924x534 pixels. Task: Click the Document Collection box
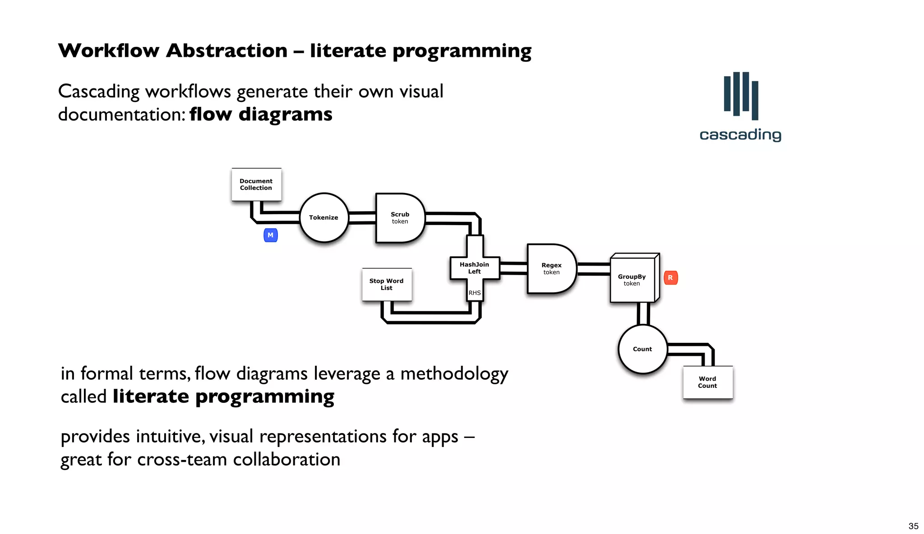pyautogui.click(x=256, y=184)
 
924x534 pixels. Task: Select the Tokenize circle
pyautogui.click(x=324, y=217)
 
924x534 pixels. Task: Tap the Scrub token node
pyautogui.click(x=399, y=218)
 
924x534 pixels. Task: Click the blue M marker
pyautogui.click(x=270, y=235)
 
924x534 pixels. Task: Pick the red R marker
pyautogui.click(x=670, y=278)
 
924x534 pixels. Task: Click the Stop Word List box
pyautogui.click(x=387, y=284)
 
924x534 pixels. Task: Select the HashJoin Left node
pyautogui.click(x=474, y=268)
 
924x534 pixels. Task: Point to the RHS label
pyautogui.click(x=475, y=293)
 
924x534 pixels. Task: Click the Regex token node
pyautogui.click(x=551, y=269)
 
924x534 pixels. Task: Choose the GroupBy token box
pyautogui.click(x=632, y=280)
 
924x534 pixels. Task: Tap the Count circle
pyautogui.click(x=642, y=349)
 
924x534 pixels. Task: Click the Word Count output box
pyautogui.click(x=707, y=382)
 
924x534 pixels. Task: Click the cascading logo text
pyautogui.click(x=740, y=135)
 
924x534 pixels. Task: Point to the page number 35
pyautogui.click(x=913, y=526)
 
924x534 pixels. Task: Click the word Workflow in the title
pyautogui.click(x=109, y=51)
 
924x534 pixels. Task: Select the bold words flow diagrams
pyautogui.click(x=261, y=114)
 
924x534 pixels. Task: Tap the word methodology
pyautogui.click(x=454, y=374)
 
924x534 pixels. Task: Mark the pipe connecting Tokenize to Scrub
pyautogui.click(x=362, y=218)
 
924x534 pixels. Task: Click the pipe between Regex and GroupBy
pyautogui.click(x=594, y=269)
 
